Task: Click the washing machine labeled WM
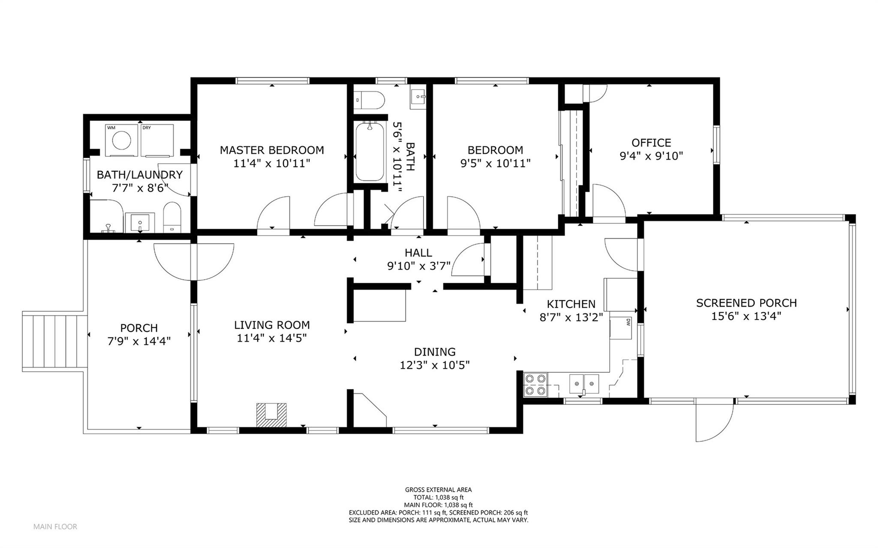[x=121, y=140]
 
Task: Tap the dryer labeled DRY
[x=157, y=140]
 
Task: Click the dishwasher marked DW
[x=622, y=328]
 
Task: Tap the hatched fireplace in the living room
[x=272, y=415]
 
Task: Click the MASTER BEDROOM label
[x=272, y=150]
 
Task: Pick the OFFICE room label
[x=651, y=143]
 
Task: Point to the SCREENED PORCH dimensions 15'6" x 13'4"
[x=746, y=316]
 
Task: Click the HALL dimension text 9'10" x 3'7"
[x=419, y=266]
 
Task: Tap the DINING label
[x=435, y=352]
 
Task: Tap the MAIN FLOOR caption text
[x=55, y=527]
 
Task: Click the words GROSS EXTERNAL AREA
[x=438, y=490]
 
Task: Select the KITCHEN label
[x=571, y=304]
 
